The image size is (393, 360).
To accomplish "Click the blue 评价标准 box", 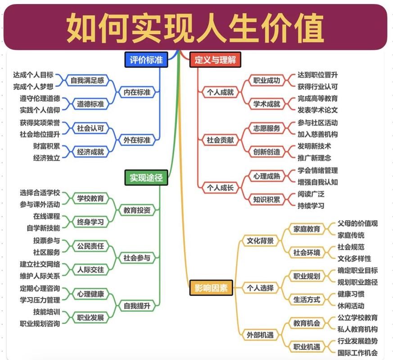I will tap(146, 59).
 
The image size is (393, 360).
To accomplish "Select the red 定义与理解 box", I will tap(215, 59).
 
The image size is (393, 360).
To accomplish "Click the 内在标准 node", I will tap(137, 92).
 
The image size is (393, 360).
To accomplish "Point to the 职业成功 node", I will tap(267, 81).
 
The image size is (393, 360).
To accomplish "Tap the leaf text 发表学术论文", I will tap(317, 110).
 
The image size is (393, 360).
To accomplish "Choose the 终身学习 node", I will tap(90, 222).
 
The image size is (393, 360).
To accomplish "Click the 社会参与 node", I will tap(137, 258).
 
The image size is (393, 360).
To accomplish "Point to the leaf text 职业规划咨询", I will tap(40, 324).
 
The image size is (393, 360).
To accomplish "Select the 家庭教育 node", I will tap(307, 229).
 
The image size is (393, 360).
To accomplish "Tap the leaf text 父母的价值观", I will tap(357, 224).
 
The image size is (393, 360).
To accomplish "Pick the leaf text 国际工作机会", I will tap(357, 353).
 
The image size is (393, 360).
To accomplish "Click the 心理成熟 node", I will tap(267, 176).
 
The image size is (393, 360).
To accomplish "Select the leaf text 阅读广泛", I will tap(311, 194).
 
